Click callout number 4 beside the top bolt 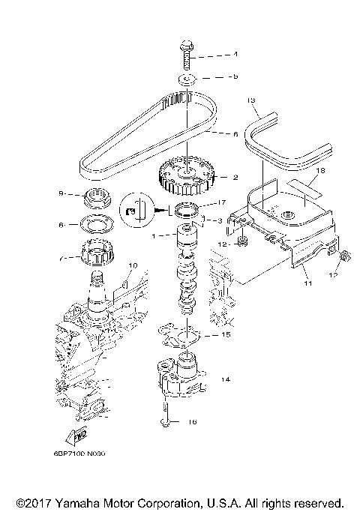[235, 55]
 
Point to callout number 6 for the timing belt [235, 134]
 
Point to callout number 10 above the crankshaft [133, 265]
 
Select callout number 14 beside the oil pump [223, 380]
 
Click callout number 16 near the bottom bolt [192, 423]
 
